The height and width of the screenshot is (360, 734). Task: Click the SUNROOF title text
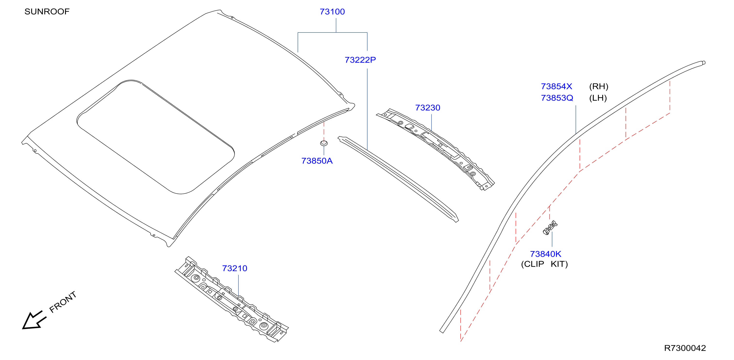(x=47, y=12)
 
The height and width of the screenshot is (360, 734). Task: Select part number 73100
(x=332, y=12)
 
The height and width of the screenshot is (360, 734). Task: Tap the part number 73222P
(x=360, y=60)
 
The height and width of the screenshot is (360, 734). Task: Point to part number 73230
(x=428, y=108)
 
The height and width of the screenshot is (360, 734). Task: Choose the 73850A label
(x=317, y=161)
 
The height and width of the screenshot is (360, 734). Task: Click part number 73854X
(x=556, y=86)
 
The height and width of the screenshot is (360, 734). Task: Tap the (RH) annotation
(x=599, y=86)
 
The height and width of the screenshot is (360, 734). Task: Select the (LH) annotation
(x=598, y=98)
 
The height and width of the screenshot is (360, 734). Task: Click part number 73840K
(x=545, y=254)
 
